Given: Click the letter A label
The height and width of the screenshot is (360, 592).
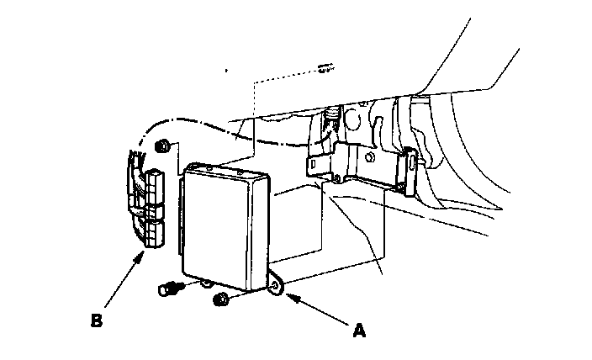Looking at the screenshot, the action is pos(359,331).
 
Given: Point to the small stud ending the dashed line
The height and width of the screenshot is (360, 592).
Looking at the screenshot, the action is pos(325,67).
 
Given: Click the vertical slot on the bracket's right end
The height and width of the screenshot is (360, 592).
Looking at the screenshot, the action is pos(410,172).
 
